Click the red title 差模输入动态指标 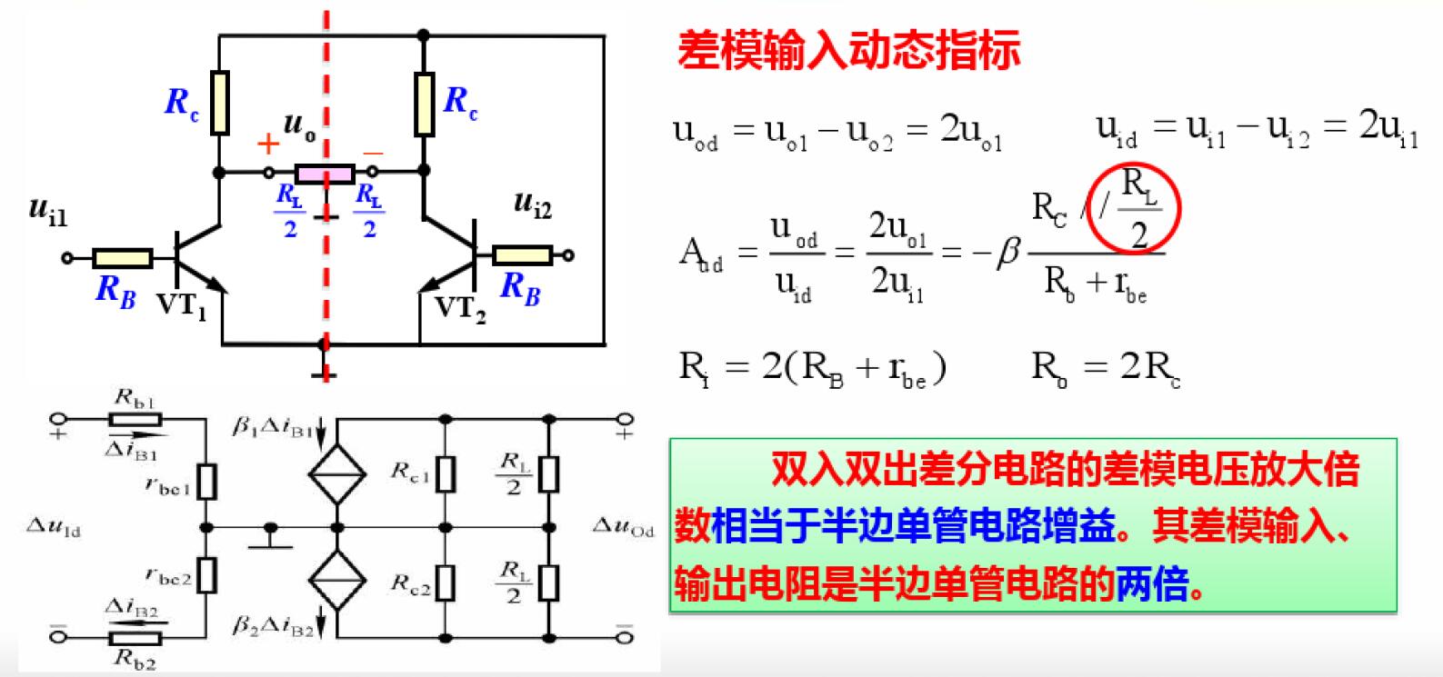pyautogui.click(x=848, y=51)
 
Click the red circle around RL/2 pyautogui.click(x=1137, y=208)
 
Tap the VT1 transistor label pyautogui.click(x=182, y=304)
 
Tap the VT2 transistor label pyautogui.click(x=460, y=307)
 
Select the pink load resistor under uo pyautogui.click(x=325, y=173)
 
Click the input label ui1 pyautogui.click(x=48, y=211)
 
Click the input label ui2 pyautogui.click(x=532, y=203)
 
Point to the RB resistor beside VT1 pyautogui.click(x=123, y=258)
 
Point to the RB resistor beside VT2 pyautogui.click(x=522, y=255)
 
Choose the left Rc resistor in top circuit pyautogui.click(x=219, y=102)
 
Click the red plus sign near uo pyautogui.click(x=267, y=144)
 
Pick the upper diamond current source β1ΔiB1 pyautogui.click(x=336, y=473)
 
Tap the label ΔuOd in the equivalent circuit pyautogui.click(x=623, y=527)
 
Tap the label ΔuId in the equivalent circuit pyautogui.click(x=55, y=527)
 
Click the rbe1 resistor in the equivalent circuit pyautogui.click(x=207, y=482)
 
